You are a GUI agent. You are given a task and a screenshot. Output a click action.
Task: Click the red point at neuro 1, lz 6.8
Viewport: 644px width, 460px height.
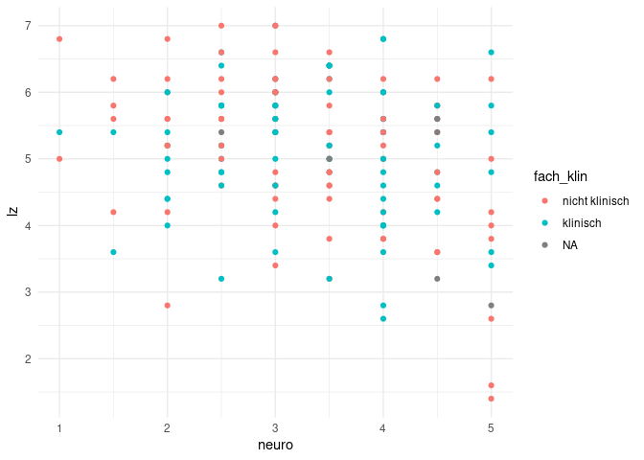click(x=59, y=39)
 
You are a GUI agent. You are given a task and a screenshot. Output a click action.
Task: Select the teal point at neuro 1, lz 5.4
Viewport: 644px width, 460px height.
click(x=59, y=132)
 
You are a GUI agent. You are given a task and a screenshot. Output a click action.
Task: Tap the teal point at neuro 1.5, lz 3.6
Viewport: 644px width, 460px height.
click(x=113, y=252)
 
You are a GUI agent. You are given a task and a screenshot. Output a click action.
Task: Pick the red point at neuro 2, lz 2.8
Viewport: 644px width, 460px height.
click(x=168, y=306)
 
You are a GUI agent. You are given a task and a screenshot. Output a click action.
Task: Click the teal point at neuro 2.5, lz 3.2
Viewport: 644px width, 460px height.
click(x=221, y=279)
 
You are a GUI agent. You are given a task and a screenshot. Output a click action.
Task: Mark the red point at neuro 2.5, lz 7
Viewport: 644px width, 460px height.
click(x=221, y=26)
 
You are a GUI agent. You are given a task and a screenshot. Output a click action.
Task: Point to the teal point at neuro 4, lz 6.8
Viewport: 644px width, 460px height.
click(x=383, y=39)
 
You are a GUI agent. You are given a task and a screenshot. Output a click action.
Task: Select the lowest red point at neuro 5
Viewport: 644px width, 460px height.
click(x=491, y=399)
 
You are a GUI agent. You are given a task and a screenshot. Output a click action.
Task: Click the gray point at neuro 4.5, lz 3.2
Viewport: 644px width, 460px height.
click(x=437, y=279)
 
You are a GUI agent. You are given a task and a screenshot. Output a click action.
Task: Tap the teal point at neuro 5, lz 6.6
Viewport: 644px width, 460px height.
click(x=491, y=53)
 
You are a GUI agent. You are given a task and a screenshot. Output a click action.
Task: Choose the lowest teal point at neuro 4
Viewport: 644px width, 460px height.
click(x=383, y=318)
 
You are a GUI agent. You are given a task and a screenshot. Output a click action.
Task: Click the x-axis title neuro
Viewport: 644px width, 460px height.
click(x=275, y=446)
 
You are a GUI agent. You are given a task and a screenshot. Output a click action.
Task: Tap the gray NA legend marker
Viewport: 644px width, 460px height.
click(x=546, y=244)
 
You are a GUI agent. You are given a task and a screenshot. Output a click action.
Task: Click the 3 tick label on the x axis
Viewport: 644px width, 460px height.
click(x=275, y=427)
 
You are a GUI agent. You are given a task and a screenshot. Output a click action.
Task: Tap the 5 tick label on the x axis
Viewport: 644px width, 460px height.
click(x=491, y=427)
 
